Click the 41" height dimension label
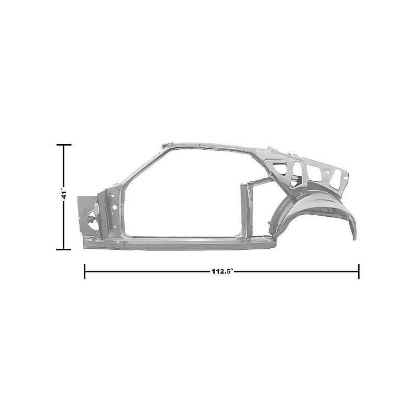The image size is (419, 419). [64, 194]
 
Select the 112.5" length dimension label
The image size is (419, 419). [223, 271]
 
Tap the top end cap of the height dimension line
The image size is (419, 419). [64, 145]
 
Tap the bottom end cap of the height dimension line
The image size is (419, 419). [64, 249]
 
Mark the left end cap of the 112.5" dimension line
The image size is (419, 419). [85, 271]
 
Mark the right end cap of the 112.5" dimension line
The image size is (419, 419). [359, 271]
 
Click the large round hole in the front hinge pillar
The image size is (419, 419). [114, 207]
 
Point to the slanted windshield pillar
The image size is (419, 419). [141, 166]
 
